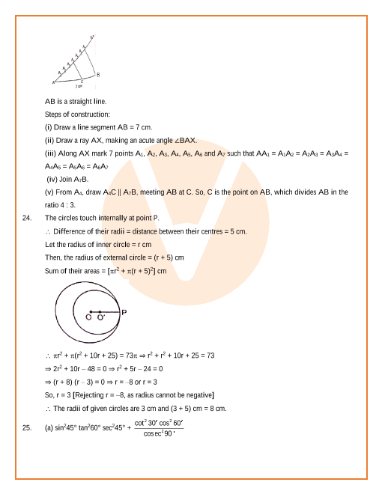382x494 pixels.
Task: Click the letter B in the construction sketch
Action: coord(98,75)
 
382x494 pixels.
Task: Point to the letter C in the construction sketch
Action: coord(82,81)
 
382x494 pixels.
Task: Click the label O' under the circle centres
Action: coord(100,318)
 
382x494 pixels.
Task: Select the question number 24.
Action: coord(27,217)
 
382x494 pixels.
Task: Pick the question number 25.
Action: coord(27,428)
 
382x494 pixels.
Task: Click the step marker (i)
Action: coord(49,127)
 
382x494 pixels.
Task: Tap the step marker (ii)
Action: coord(50,140)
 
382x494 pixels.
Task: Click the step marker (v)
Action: coord(50,192)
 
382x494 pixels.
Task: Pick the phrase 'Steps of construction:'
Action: coord(77,114)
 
